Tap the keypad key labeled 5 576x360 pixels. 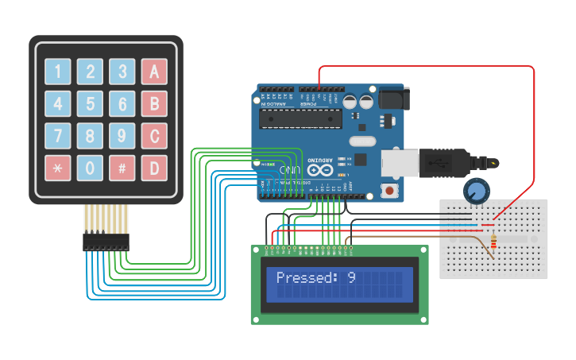pos(90,104)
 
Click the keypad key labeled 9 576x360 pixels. pos(122,136)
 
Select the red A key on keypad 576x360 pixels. pos(154,72)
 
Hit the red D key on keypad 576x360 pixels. pos(154,168)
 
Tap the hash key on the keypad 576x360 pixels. pos(122,168)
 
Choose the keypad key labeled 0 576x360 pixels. pos(90,168)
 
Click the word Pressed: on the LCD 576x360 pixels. pos(307,277)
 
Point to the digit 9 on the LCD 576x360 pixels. pos(351,277)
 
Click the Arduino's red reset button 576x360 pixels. pos(390,191)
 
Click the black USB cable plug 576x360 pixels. pos(445,161)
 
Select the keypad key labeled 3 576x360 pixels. pos(122,72)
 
